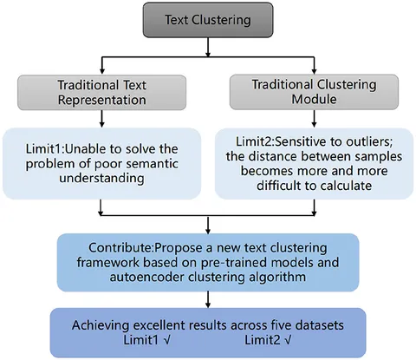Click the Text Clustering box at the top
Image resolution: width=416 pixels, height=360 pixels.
coord(208,20)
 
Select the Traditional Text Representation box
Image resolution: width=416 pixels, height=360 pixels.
coord(101,93)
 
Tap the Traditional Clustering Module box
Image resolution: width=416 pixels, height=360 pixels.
coord(314,92)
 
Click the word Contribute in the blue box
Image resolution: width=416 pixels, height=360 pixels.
coord(120,248)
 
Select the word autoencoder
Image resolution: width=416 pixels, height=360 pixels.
coord(146,277)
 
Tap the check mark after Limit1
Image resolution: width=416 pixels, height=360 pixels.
coord(167,340)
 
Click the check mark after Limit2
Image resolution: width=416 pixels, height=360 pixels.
coord(288,340)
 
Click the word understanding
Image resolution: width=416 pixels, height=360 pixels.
coord(101,179)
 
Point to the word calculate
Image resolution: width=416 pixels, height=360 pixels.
coord(346,186)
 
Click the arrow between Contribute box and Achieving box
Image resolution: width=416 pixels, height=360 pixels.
coord(208,299)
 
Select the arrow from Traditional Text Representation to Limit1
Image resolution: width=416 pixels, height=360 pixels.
coord(101,119)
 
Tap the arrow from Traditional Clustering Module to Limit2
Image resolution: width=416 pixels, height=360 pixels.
coord(314,118)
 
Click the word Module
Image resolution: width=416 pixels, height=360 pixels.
coord(314,99)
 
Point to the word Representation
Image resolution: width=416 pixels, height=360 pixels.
coord(101,101)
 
